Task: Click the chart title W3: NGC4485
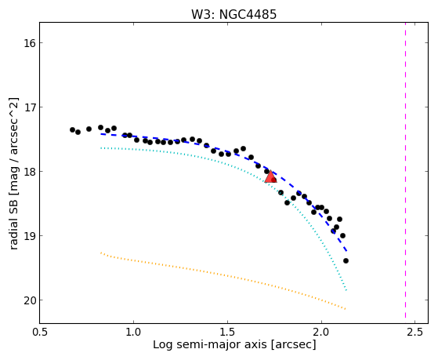[233, 15]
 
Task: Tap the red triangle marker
[270, 176]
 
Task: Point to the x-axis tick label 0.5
[40, 333]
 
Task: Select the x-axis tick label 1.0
[133, 333]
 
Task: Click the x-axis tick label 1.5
[227, 333]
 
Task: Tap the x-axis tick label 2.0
[321, 333]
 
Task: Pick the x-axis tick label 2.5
[414, 333]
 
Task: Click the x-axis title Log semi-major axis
[210, 345]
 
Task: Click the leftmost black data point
[72, 129]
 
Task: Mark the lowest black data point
[346, 260]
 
